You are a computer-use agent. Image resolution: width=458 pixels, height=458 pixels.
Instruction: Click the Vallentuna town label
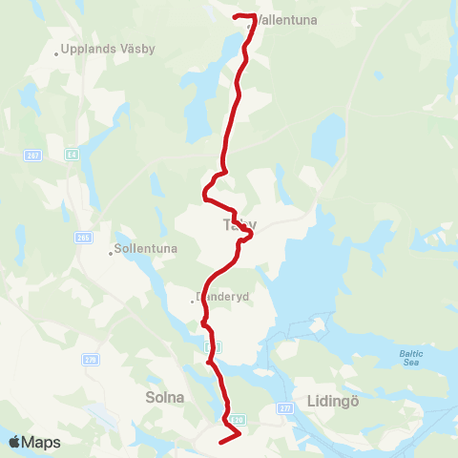pos(285,19)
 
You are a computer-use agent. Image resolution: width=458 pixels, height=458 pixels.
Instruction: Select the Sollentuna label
pos(146,250)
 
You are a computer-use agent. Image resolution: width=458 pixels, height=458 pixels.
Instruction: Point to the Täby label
pos(239,226)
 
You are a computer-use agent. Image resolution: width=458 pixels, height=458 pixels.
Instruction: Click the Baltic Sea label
pos(410,358)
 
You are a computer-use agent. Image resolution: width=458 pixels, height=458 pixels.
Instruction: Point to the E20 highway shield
pos(237,419)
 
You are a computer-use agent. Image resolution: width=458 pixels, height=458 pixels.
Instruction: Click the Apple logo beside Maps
pos(14,442)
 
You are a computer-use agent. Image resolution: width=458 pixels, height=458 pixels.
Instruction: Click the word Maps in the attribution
pos(41,442)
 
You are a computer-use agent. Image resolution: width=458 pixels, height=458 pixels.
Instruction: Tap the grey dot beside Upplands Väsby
pos(57,53)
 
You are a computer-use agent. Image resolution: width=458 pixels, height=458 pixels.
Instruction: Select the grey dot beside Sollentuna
pos(111,254)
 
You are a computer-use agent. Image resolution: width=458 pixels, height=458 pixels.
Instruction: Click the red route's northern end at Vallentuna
pos(236,15)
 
